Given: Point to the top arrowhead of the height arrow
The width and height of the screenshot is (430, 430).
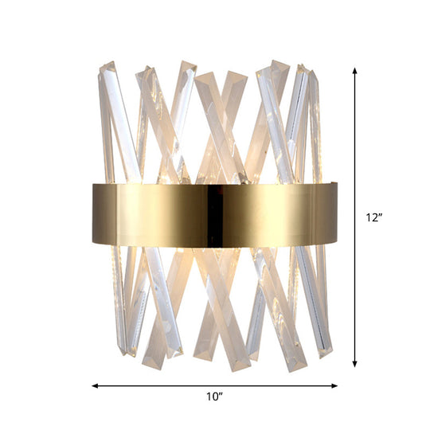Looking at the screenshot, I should (x=355, y=70).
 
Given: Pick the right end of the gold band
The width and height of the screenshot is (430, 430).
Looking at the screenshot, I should (x=335, y=213).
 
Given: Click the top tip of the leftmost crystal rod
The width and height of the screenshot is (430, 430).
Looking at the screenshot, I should (x=104, y=67).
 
